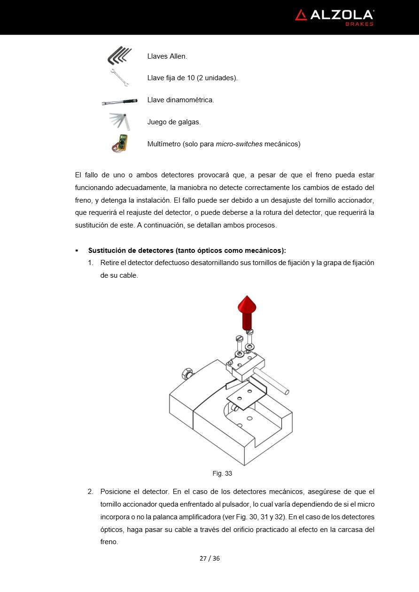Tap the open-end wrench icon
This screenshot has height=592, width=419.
[120, 77]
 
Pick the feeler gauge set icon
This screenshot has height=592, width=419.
[120, 121]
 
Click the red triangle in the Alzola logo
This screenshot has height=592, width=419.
[301, 15]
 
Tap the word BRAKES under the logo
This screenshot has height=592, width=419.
[359, 24]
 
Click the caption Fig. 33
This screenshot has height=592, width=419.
[222, 473]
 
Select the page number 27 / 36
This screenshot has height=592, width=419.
[209, 558]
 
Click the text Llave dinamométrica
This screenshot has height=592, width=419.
[180, 100]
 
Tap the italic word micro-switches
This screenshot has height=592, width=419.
[239, 144]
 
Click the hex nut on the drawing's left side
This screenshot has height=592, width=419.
[186, 374]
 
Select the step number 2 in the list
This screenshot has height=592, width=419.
[90, 492]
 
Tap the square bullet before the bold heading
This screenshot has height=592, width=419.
[77, 250]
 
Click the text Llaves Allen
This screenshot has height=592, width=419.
[167, 56]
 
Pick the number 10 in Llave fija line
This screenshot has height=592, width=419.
[191, 78]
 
